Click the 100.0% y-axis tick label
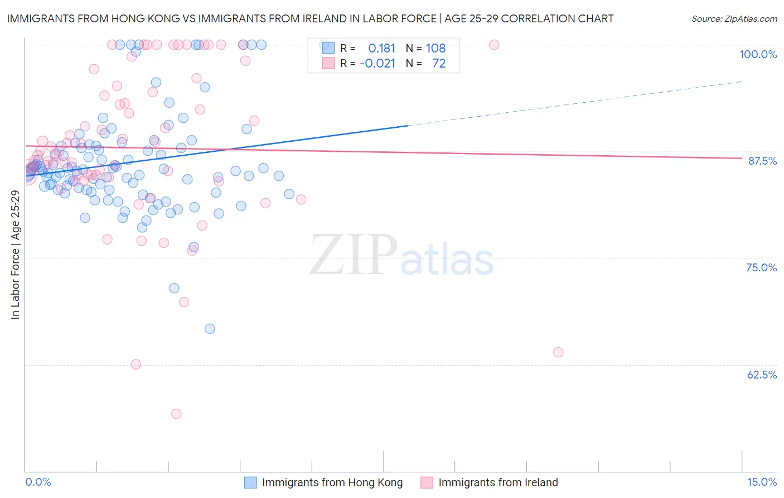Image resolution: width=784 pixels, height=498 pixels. pos(758,54)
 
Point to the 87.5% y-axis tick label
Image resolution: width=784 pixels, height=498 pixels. pos(762,161)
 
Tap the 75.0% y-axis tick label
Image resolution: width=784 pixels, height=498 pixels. pos(761,267)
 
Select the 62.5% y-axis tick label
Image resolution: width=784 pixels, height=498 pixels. pos(762,375)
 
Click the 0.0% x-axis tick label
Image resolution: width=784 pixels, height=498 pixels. pos(38,482)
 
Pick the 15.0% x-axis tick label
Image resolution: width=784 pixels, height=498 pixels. pos(762,482)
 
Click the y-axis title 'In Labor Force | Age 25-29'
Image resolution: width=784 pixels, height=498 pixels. pos(15,255)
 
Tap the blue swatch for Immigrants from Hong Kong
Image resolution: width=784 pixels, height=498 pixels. pos(251,482)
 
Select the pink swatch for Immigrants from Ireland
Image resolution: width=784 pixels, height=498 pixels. pos(427,482)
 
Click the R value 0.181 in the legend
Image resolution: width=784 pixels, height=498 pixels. pos(381,48)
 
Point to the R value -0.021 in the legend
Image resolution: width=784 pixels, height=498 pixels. pos(378,63)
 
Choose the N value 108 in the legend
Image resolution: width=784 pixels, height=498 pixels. pos(435,48)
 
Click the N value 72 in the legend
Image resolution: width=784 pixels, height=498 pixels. pos(439,63)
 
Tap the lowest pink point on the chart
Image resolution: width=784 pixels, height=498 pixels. pos(176,414)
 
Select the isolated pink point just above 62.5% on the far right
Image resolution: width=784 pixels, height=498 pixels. pos(558,352)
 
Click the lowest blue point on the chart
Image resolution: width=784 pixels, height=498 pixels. pos(210,328)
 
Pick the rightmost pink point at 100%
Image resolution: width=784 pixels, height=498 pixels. pos(494,45)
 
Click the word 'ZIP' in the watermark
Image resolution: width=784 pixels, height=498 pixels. pos(353,255)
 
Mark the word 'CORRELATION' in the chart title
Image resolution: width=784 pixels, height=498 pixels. pos(535,18)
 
